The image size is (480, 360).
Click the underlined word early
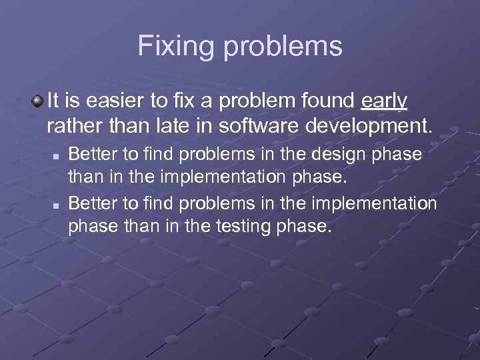coord(384,101)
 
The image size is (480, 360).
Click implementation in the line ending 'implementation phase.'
coord(212,178)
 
